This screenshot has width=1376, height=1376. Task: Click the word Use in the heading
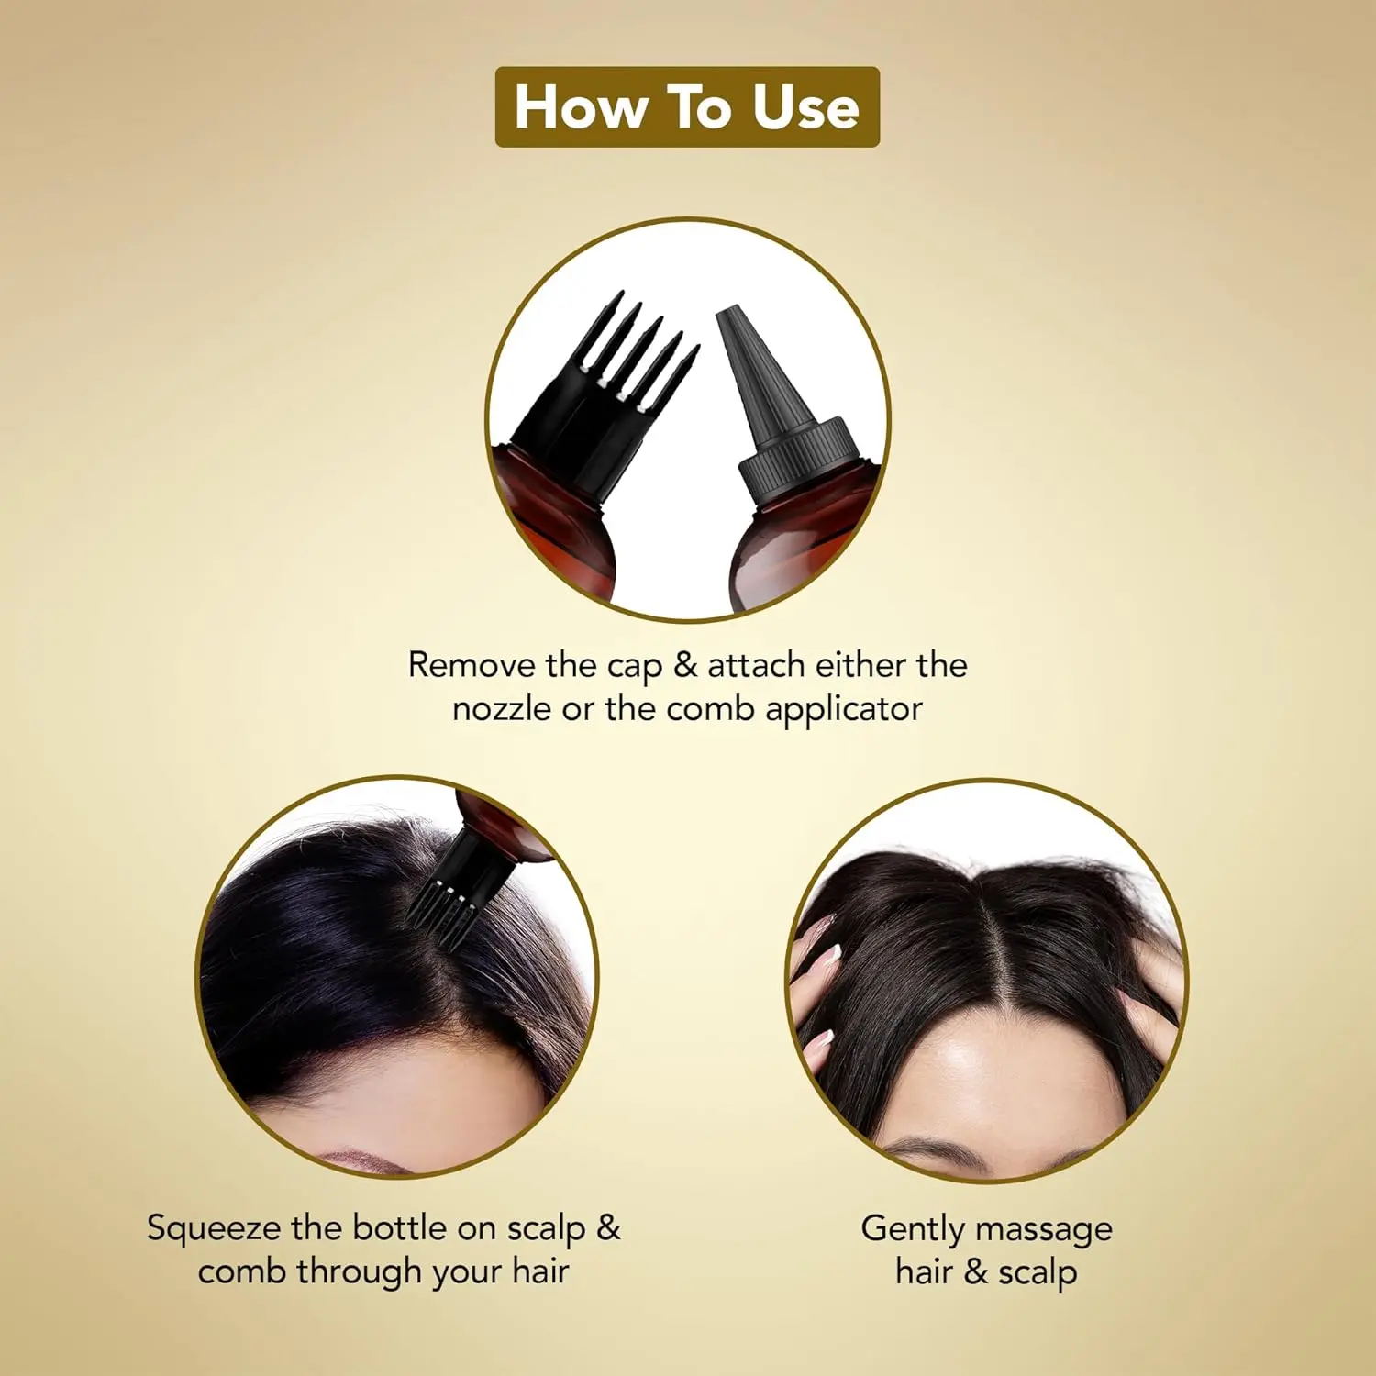[x=805, y=107]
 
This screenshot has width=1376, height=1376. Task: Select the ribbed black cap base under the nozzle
[x=798, y=459]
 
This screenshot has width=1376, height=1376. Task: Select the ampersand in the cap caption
[x=685, y=665]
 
